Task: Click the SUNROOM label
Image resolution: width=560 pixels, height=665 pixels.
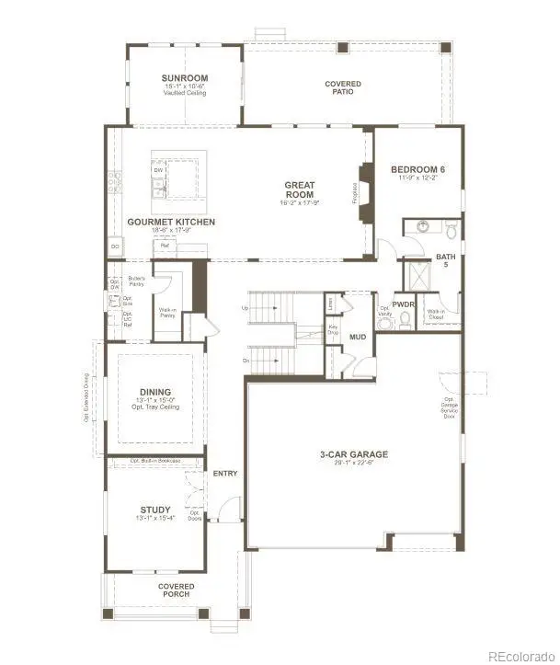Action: pyautogui.click(x=184, y=77)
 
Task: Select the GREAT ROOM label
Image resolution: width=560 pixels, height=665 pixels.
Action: pyautogui.click(x=299, y=189)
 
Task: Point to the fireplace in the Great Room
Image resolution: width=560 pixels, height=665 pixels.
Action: pyautogui.click(x=366, y=190)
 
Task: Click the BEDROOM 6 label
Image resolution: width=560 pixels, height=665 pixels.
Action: pyautogui.click(x=418, y=169)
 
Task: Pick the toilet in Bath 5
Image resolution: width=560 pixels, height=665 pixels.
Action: pyautogui.click(x=449, y=227)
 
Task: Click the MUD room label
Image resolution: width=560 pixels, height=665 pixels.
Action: pyautogui.click(x=358, y=338)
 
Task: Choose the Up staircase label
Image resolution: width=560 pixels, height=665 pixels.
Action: pyautogui.click(x=246, y=307)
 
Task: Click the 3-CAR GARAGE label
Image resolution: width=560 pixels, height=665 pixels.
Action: pyautogui.click(x=354, y=454)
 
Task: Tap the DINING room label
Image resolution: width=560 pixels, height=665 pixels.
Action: pyautogui.click(x=155, y=392)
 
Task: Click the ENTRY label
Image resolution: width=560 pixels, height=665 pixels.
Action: pyautogui.click(x=225, y=474)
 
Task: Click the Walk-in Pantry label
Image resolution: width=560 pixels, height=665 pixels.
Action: pyautogui.click(x=167, y=314)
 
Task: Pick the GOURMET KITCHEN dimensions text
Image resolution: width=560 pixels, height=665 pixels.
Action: pyautogui.click(x=172, y=231)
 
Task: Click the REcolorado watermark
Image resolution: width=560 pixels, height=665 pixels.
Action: pyautogui.click(x=520, y=655)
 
